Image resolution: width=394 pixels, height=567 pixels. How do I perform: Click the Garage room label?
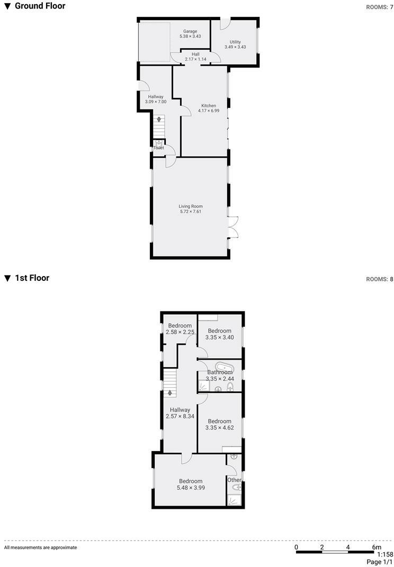190,31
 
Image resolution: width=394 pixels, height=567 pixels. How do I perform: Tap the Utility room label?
235,42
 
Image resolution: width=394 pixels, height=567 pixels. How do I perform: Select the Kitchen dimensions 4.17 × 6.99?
208,111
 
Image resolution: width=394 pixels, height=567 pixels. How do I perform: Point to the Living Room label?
191,206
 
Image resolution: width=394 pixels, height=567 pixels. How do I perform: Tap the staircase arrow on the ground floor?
158,120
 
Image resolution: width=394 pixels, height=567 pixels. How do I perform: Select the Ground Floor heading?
40,6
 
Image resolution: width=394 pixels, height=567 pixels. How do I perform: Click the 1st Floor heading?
32,278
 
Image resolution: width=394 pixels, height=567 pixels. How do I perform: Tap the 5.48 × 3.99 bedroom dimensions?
191,487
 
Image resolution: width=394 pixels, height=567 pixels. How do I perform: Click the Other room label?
234,480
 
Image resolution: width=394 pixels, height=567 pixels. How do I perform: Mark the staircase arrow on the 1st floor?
169,392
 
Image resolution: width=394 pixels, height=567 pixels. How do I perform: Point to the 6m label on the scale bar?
377,547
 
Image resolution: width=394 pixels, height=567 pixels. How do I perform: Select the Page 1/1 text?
380,562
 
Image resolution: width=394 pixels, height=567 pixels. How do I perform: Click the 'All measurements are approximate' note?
40,547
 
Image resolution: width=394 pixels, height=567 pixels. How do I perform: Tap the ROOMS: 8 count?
380,279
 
